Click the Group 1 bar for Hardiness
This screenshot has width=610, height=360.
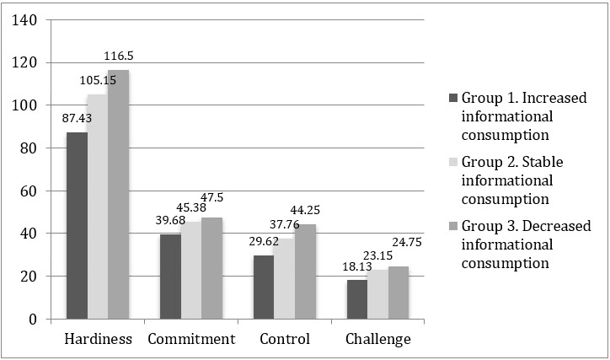pyautogui.click(x=77, y=226)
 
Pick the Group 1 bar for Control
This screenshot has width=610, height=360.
pyautogui.click(x=265, y=287)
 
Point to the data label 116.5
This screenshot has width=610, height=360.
pyautogui.click(x=119, y=56)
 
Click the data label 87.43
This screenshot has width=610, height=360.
pyautogui.click(x=77, y=118)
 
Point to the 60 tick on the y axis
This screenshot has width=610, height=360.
pyautogui.click(x=28, y=191)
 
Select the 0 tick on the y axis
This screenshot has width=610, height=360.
pyautogui.click(x=32, y=319)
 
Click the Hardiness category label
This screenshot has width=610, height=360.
pyautogui.click(x=98, y=339)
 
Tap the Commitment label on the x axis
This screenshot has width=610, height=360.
pyautogui.click(x=191, y=339)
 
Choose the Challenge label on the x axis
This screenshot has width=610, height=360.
pyautogui.click(x=378, y=339)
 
